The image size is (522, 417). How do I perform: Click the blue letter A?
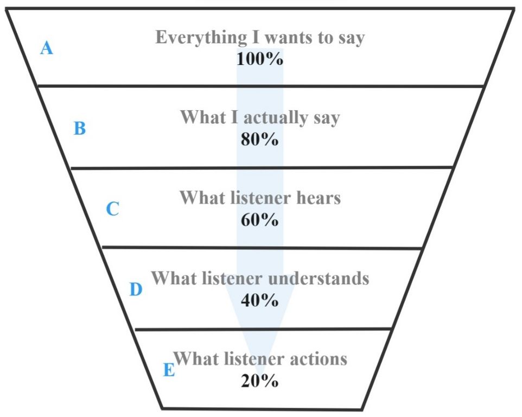(47, 49)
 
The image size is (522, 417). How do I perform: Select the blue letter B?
(79, 129)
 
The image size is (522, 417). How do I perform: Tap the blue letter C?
(112, 209)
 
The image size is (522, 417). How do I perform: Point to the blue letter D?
(136, 290)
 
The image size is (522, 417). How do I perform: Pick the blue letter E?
(169, 370)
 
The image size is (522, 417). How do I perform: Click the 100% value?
(260, 59)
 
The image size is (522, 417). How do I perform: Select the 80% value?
(260, 139)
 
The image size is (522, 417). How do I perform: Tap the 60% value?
(260, 220)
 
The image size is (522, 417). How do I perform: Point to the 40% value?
(260, 300)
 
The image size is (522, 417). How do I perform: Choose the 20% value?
(260, 381)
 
